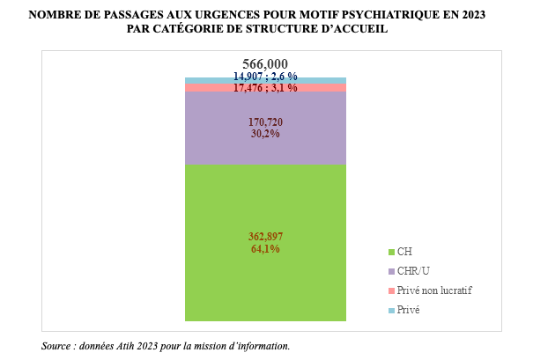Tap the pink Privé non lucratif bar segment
click(203, 88)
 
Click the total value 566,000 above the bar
click(265, 64)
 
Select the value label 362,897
click(265, 236)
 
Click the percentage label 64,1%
click(265, 249)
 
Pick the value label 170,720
click(265, 121)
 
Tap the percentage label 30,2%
click(265, 135)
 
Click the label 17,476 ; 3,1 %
click(265, 88)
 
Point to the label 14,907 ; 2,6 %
click(265, 77)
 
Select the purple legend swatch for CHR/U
click(390, 271)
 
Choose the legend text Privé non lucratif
click(435, 290)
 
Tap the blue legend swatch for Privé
click(390, 310)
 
